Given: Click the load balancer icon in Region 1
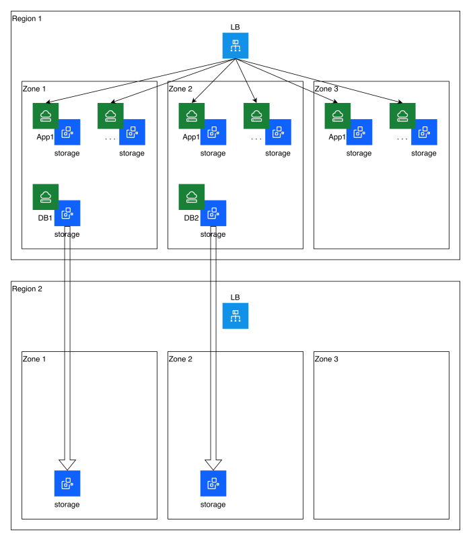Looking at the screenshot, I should [x=235, y=46].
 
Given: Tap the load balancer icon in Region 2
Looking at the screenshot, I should [x=235, y=316].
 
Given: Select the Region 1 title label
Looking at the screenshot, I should [x=27, y=18].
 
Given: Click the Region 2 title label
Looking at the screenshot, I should [x=27, y=289].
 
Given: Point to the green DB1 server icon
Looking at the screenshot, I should [x=46, y=196].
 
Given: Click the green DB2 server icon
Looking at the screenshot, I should [x=192, y=196].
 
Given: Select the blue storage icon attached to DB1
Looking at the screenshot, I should [x=67, y=213].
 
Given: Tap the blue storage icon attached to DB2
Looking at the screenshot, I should [x=213, y=213].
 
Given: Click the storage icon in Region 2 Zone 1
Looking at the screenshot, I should [x=67, y=483].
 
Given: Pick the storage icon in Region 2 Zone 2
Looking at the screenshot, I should [x=213, y=483].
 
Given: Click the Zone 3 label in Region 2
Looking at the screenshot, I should [x=326, y=359].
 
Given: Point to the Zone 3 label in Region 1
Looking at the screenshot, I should [x=326, y=89].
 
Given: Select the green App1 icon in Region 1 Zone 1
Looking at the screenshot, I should [x=46, y=116].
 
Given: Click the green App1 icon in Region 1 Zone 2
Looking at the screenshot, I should [x=192, y=116].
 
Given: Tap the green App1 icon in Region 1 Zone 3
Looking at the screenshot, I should [x=338, y=116].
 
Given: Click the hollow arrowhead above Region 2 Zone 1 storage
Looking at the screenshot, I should [x=67, y=464].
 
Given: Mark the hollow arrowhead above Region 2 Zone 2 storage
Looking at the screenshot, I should [x=213, y=464].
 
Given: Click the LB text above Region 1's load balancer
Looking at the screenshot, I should [x=235, y=28].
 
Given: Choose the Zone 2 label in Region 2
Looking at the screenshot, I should [x=180, y=359].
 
